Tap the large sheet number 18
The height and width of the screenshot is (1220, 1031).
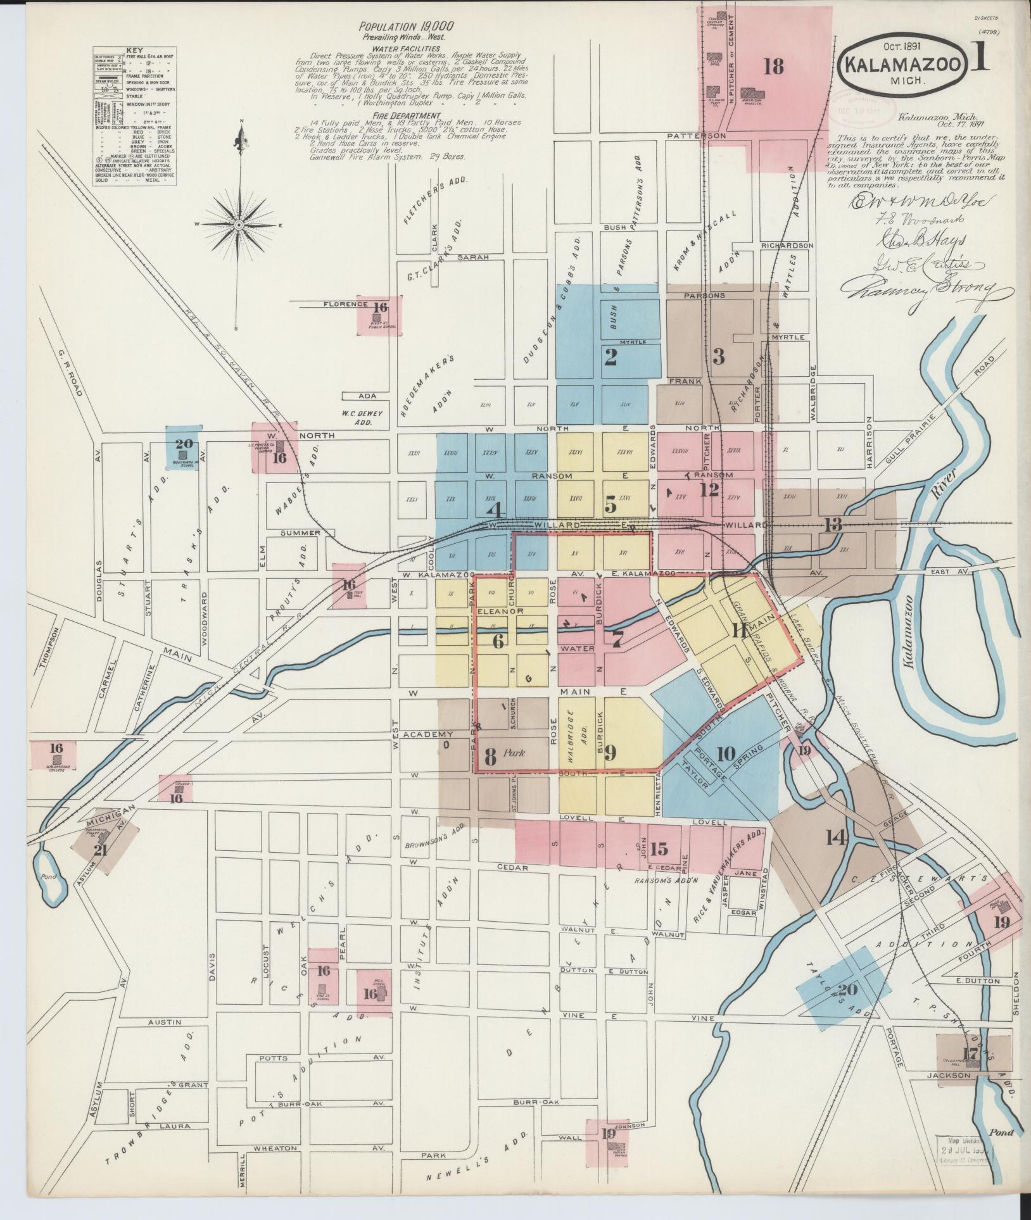773,66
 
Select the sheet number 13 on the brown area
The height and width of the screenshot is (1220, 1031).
833,524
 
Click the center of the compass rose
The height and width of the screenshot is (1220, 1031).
240,224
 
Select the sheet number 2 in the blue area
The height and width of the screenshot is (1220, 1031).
610,358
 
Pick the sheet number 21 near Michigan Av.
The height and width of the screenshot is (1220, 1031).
100,850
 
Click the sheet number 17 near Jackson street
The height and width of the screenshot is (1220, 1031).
970,1053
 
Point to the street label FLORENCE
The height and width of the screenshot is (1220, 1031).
345,304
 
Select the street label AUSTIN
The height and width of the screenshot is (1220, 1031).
165,1022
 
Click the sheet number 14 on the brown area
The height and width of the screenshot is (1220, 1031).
836,838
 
